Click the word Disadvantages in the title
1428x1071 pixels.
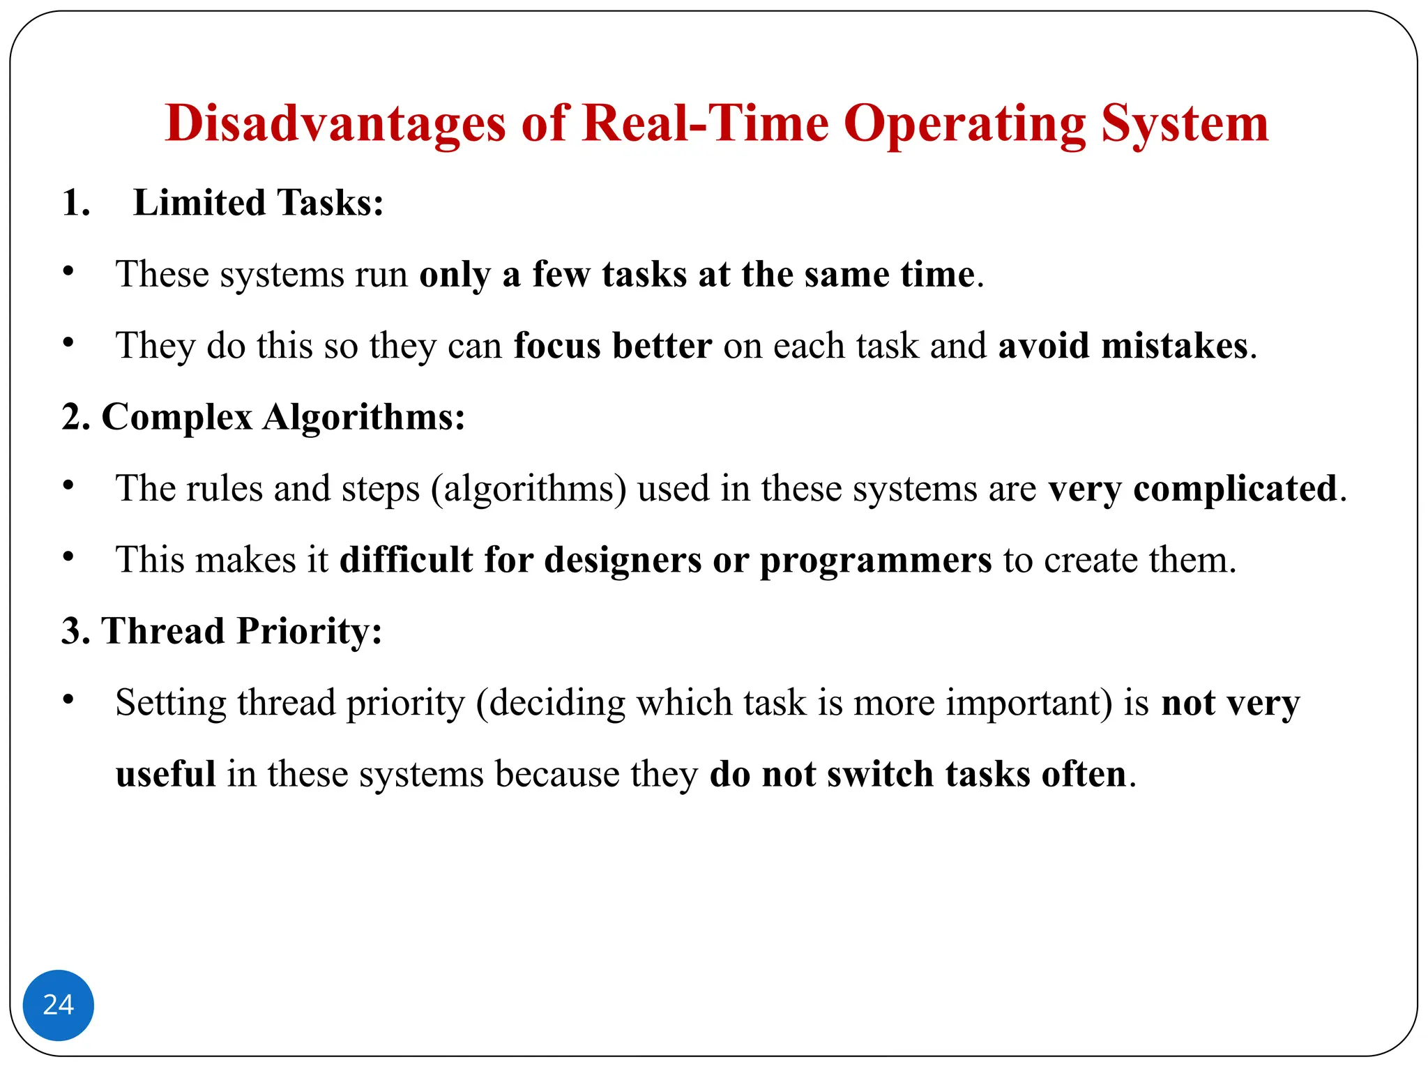[x=335, y=123]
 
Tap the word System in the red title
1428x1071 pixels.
[x=1185, y=123]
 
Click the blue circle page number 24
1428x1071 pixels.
[x=59, y=1005]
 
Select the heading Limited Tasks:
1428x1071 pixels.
[x=258, y=203]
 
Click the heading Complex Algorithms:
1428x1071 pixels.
[x=283, y=417]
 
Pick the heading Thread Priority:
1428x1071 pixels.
[x=242, y=631]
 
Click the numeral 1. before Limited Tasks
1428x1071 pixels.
[x=75, y=203]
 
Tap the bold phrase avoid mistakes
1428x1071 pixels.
[x=1123, y=346]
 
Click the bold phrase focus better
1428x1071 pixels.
[x=613, y=346]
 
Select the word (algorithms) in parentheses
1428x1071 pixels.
[x=529, y=488]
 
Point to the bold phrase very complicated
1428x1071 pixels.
[x=1192, y=488]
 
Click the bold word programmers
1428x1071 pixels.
[x=875, y=560]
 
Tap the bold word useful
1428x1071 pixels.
[x=165, y=774]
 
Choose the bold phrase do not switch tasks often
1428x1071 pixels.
[x=918, y=774]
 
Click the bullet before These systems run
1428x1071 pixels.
[x=68, y=272]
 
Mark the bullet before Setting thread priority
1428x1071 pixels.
[x=68, y=699]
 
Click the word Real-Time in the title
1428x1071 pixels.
[x=705, y=123]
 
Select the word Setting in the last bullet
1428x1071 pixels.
[x=171, y=703]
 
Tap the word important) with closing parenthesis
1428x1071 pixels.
[x=1028, y=703]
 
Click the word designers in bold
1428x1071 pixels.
[x=623, y=560]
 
